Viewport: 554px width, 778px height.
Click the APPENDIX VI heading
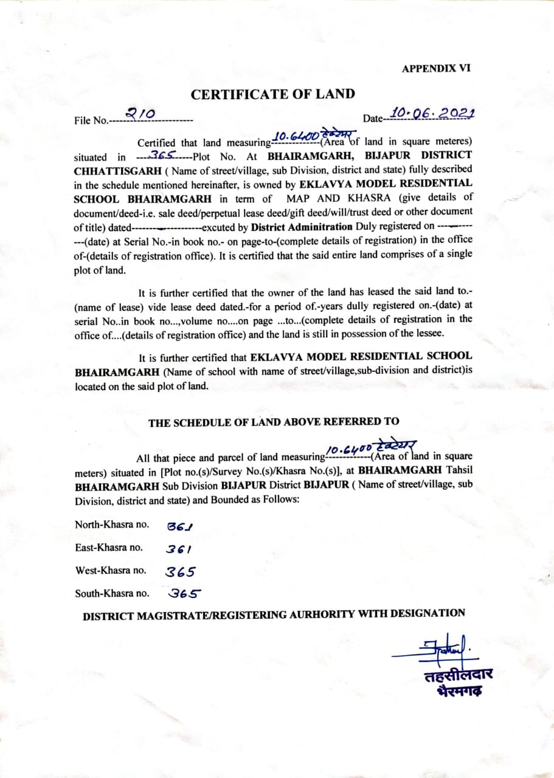coord(435,69)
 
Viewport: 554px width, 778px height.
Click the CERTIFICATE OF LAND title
coord(272,94)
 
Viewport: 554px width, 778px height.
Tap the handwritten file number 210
coord(140,113)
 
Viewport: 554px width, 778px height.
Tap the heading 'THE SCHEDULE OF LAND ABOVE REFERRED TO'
coord(274,422)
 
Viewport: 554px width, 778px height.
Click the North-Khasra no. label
coord(111,524)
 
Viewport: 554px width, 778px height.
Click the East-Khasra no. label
coord(109,547)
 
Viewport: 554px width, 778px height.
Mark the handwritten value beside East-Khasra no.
coord(179,549)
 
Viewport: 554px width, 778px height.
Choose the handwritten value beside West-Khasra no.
coord(181,571)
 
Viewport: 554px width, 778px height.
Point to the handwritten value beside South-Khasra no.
coord(185,594)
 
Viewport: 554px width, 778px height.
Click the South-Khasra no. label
coord(112,593)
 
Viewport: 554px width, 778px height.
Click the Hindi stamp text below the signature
coord(459,683)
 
